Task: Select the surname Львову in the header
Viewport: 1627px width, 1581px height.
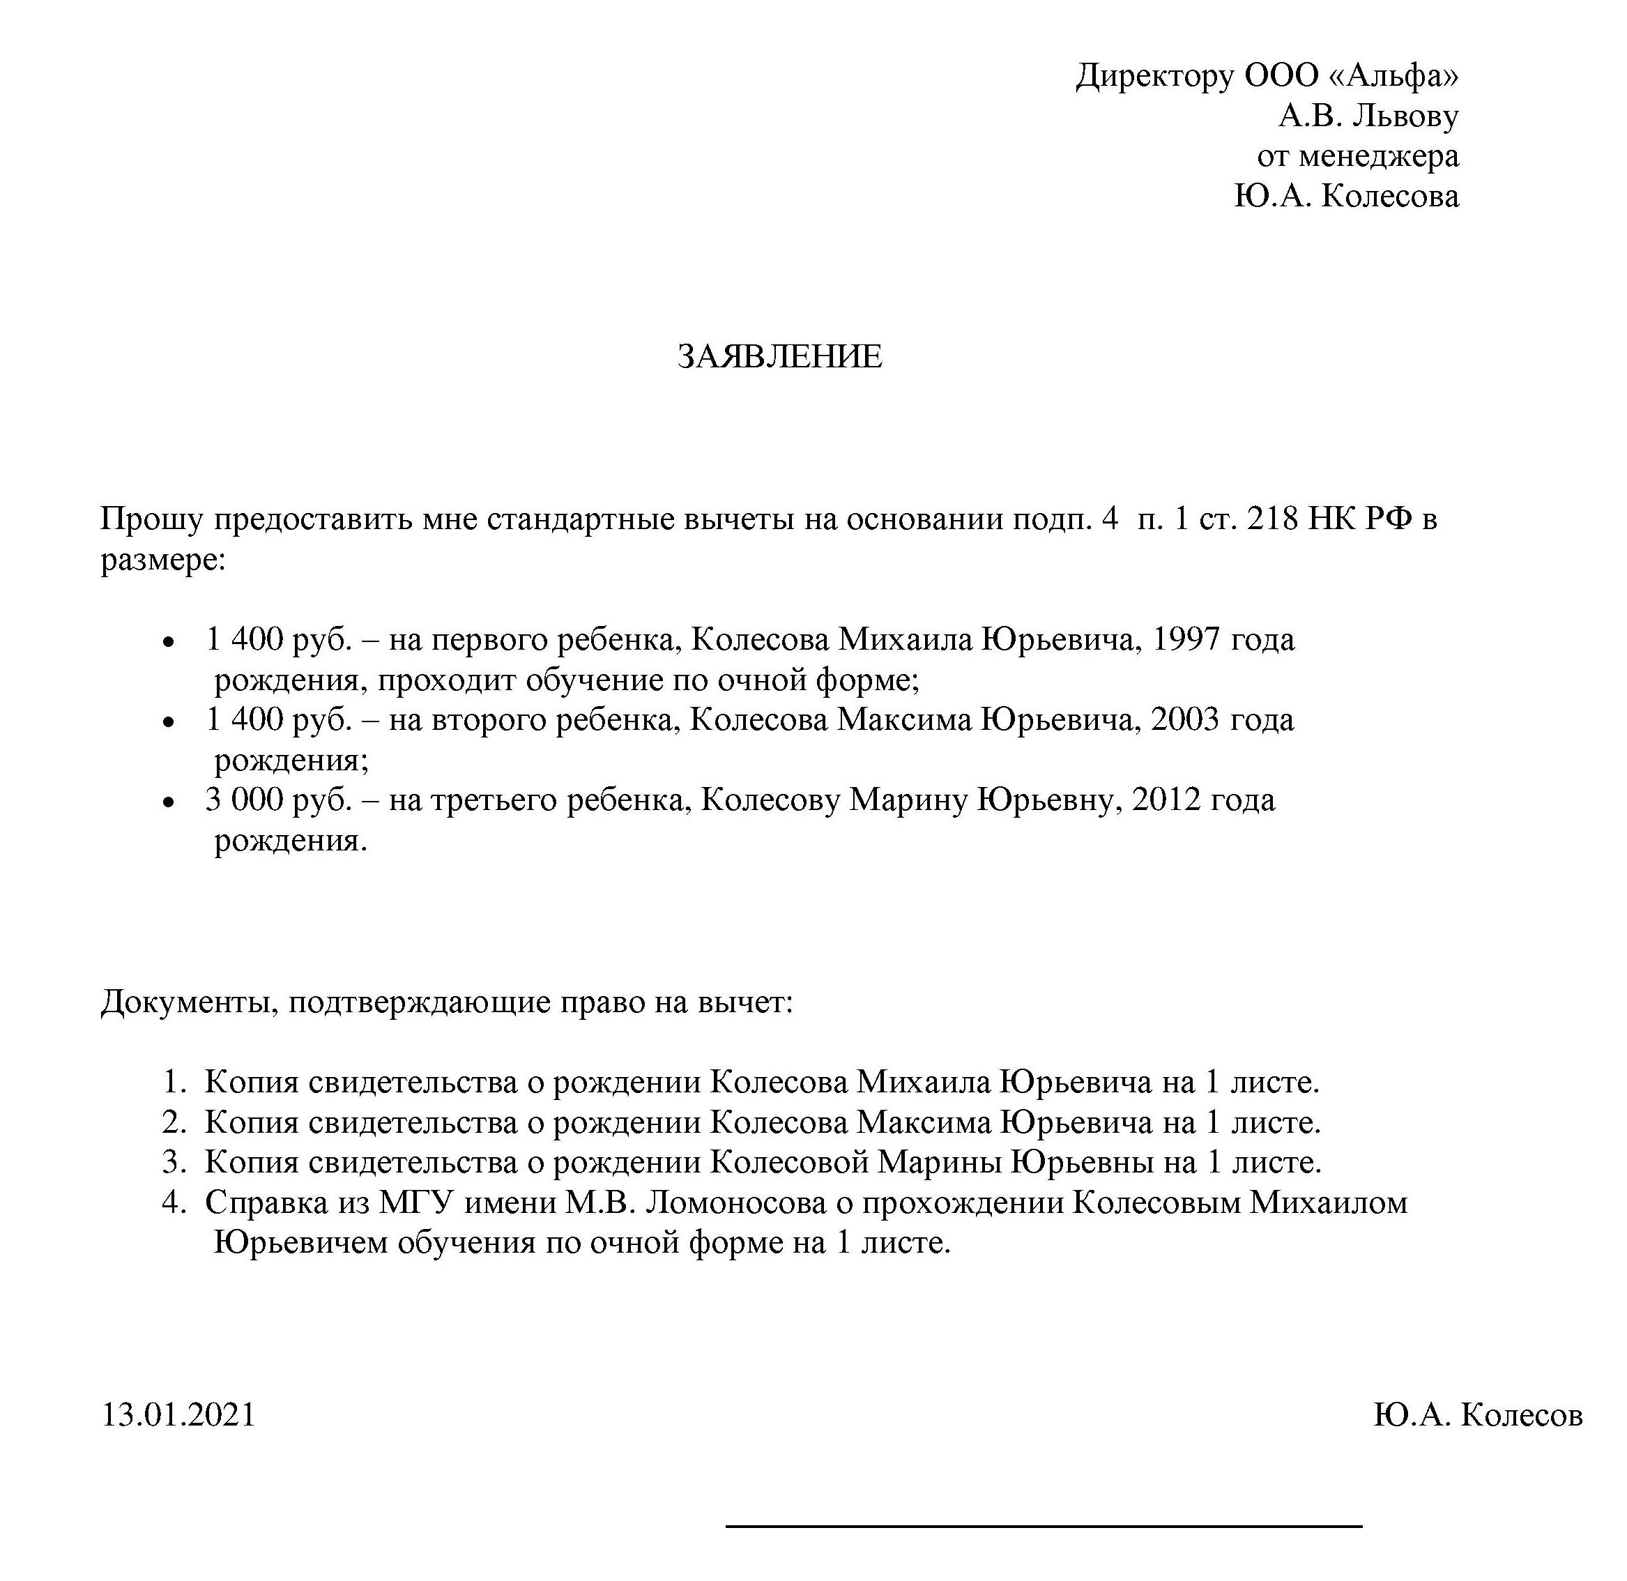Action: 1405,116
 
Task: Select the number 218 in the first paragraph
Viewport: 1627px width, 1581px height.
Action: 1271,519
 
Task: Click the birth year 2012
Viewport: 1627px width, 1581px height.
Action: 1166,800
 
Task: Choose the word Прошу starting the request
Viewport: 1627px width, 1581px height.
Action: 152,519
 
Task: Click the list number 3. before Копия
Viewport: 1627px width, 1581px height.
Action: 174,1163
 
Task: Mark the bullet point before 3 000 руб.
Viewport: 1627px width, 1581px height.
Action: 169,803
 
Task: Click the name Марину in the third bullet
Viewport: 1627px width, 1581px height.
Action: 908,800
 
